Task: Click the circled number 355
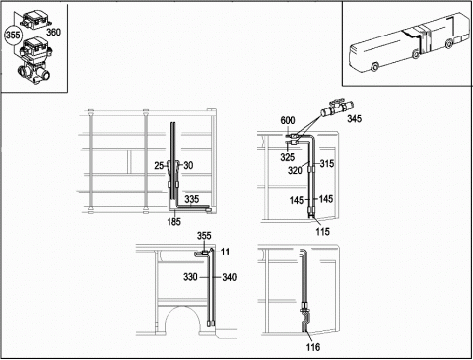point(13,35)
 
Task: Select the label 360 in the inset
point(53,32)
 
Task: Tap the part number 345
point(355,118)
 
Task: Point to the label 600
point(288,121)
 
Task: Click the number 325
point(288,157)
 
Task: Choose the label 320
point(295,170)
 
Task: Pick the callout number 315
point(327,163)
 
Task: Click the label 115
point(322,232)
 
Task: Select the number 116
point(312,347)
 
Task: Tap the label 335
point(192,199)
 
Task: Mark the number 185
point(173,222)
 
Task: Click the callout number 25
point(159,165)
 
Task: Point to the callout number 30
point(188,165)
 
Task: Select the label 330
point(190,277)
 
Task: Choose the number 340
point(230,277)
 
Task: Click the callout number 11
point(225,252)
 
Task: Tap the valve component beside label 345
point(336,108)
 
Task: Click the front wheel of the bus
point(374,67)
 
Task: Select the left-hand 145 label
point(297,200)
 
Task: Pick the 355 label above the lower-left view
point(204,236)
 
